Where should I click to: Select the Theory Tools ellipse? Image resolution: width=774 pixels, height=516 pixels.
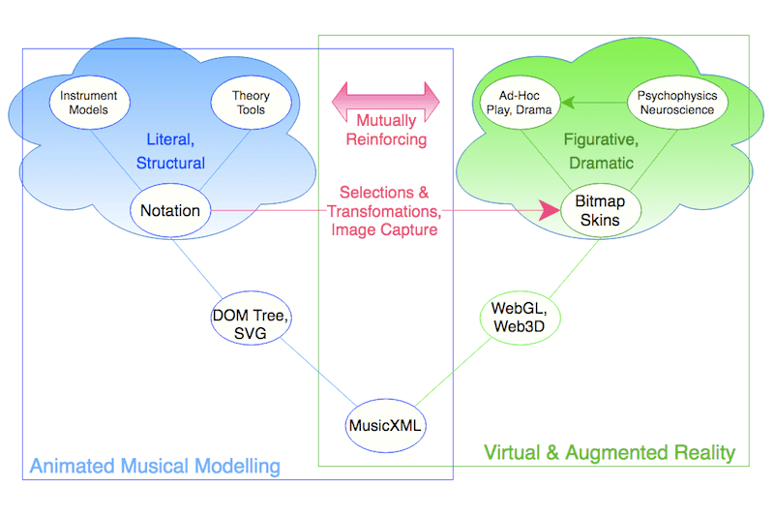point(251,103)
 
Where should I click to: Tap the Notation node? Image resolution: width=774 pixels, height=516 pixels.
point(170,210)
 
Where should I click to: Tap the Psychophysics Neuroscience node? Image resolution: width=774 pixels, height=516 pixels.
point(677,103)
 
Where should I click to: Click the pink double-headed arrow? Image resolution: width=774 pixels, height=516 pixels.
point(386,98)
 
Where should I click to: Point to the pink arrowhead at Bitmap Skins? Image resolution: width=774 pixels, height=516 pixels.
point(553,210)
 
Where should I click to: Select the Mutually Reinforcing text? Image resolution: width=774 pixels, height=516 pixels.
point(386,130)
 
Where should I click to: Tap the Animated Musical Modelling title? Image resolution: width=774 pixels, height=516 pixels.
point(155,466)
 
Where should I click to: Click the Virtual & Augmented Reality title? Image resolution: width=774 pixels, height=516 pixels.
point(609,452)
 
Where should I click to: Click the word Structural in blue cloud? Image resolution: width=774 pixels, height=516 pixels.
point(170,163)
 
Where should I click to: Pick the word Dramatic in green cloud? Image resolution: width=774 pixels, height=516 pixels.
point(599,163)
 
